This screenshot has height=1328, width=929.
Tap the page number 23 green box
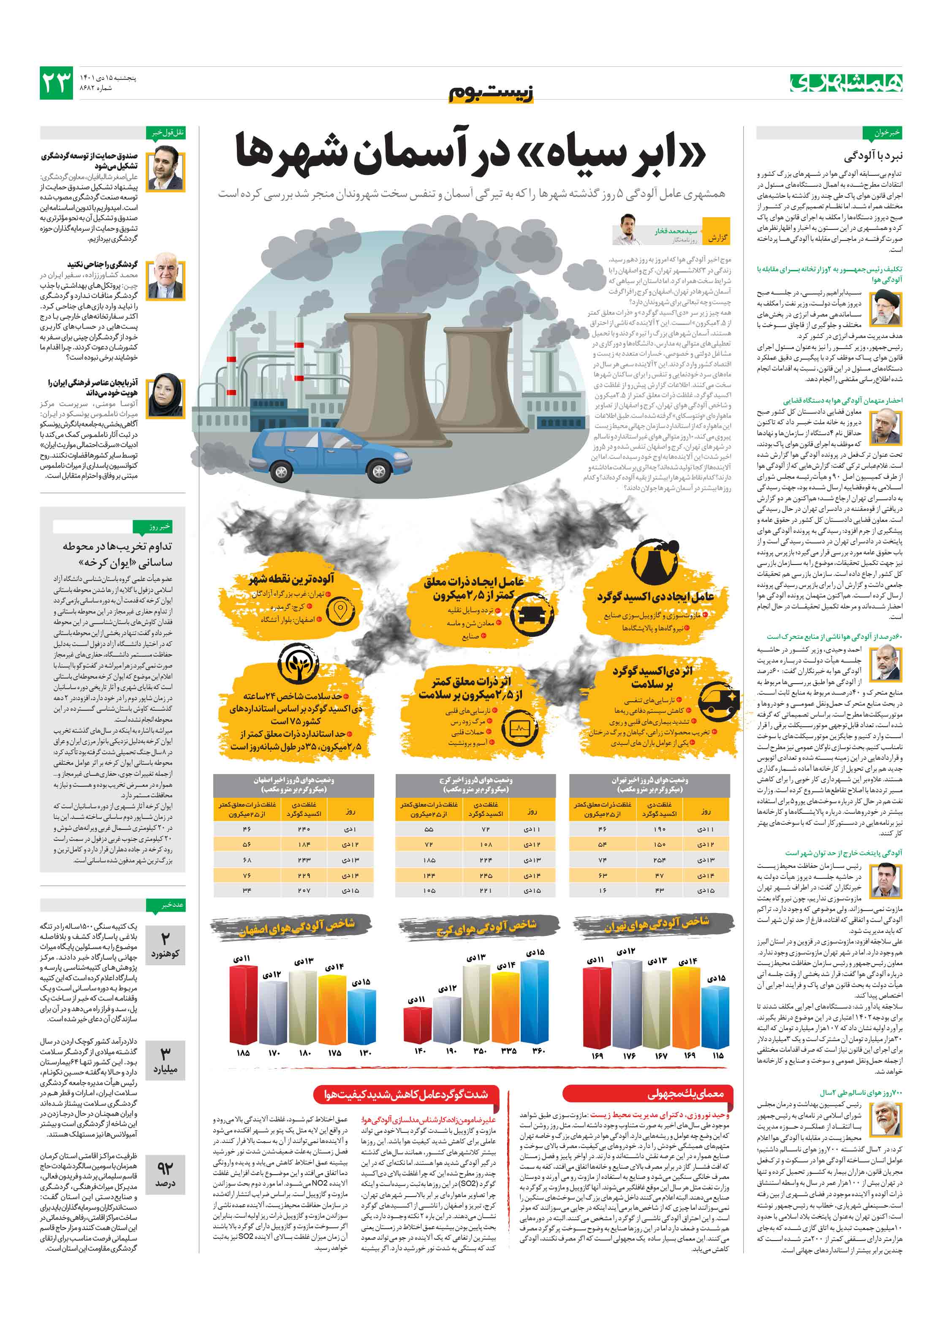[56, 83]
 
